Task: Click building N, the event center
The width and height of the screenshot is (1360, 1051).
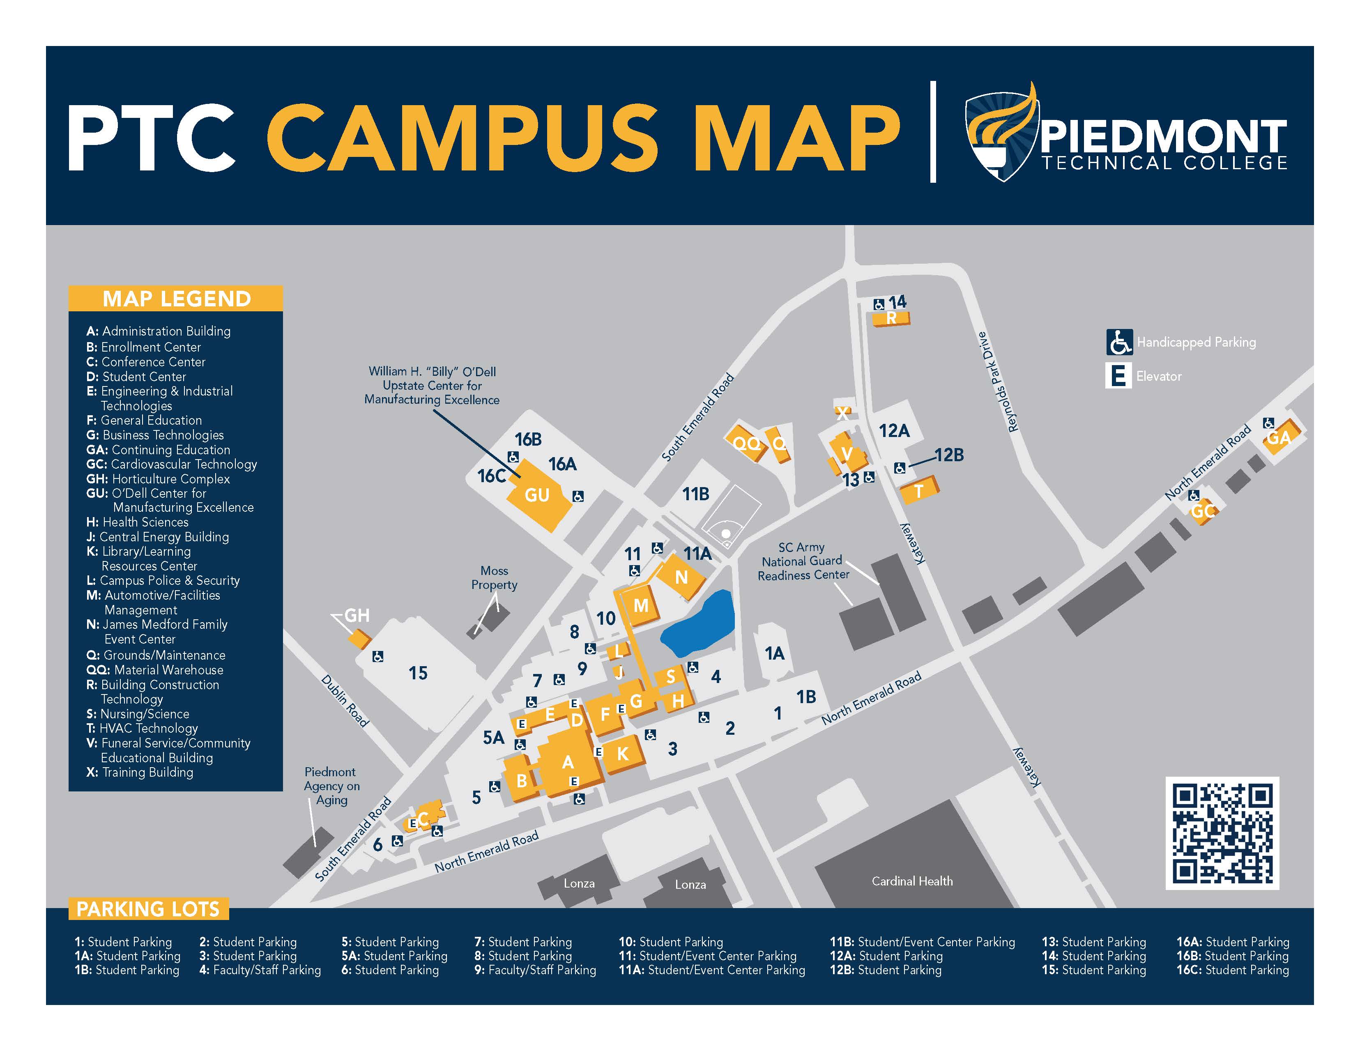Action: tap(681, 577)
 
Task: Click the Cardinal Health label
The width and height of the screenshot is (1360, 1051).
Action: tap(911, 881)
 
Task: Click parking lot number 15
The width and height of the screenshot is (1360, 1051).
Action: tap(418, 673)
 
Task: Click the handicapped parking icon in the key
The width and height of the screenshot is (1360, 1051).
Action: tap(1119, 342)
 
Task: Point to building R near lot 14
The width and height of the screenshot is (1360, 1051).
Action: tap(891, 319)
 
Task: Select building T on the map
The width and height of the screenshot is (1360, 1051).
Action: tap(918, 491)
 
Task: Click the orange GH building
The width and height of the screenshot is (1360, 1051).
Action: tap(359, 639)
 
